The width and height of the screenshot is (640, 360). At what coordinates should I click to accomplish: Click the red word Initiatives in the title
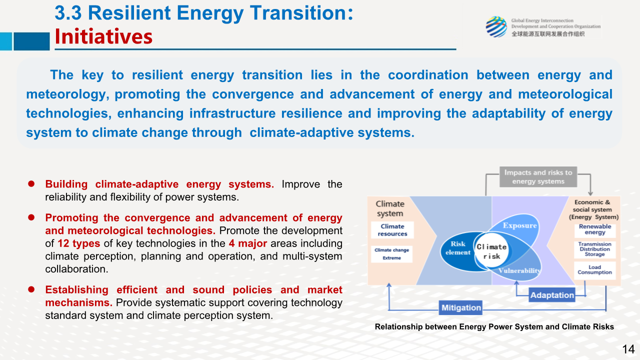click(103, 36)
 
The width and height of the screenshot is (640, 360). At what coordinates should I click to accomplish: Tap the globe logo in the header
click(496, 27)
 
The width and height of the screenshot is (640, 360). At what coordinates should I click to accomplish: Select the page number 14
click(628, 349)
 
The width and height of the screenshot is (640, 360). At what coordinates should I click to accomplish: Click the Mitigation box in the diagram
click(460, 307)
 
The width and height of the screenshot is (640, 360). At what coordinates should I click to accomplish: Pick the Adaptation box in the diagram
click(552, 295)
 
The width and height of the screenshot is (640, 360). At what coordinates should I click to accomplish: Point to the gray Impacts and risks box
click(538, 177)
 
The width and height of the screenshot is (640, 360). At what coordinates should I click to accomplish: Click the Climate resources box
click(392, 230)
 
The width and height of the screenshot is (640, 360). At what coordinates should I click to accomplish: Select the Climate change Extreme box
click(391, 253)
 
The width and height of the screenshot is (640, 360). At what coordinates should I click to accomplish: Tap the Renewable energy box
click(595, 229)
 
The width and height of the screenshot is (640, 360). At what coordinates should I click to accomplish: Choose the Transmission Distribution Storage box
click(595, 249)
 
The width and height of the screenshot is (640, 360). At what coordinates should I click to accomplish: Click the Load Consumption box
click(595, 270)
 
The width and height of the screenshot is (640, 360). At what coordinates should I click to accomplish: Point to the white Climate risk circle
click(491, 251)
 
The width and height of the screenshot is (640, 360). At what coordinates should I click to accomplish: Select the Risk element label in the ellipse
click(457, 248)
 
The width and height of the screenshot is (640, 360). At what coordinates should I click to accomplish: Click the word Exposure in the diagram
click(519, 225)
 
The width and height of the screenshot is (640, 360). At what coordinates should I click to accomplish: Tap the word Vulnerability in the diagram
click(519, 270)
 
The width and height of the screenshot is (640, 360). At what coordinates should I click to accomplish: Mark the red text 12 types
click(79, 243)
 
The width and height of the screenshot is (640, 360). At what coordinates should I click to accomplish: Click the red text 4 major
click(247, 243)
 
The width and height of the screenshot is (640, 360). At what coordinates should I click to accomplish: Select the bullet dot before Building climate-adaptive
click(31, 183)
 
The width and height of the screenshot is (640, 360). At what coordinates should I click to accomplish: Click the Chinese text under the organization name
click(547, 34)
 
